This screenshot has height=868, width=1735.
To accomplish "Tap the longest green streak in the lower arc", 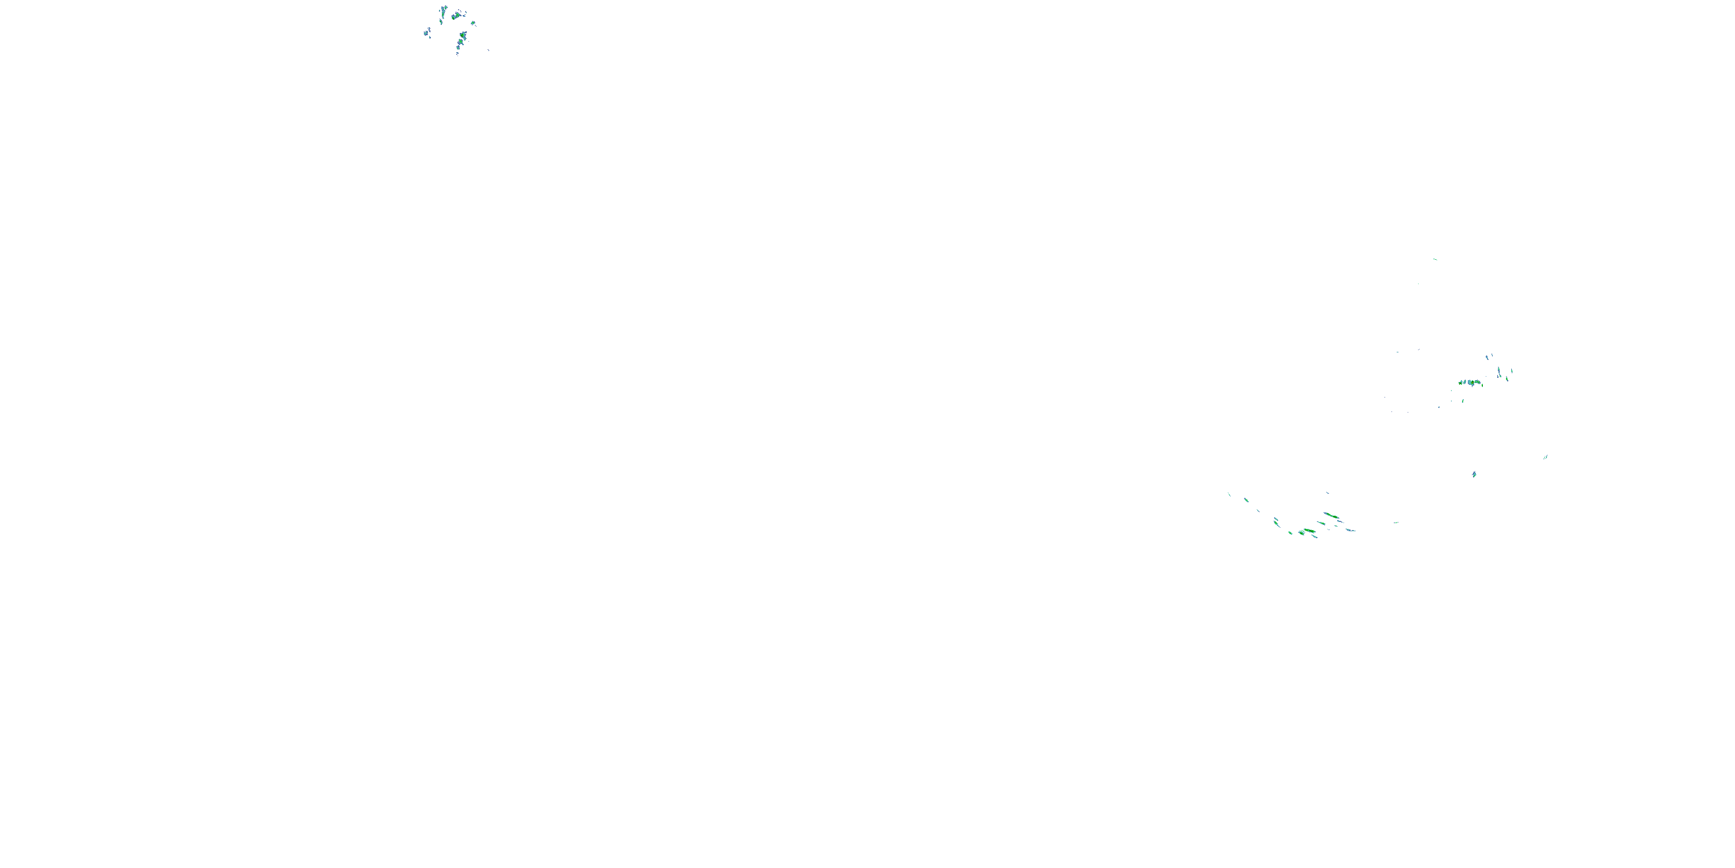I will (1331, 516).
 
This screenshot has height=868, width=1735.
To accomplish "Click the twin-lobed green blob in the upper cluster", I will (457, 15).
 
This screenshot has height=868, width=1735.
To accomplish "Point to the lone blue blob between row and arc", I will (1474, 475).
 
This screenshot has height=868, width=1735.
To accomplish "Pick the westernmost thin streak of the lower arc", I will (1229, 495).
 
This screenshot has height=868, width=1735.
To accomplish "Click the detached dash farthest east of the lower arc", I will (1396, 523).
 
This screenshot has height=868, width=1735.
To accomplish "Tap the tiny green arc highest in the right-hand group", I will (1435, 259).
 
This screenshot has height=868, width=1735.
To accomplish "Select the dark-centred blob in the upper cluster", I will (462, 34).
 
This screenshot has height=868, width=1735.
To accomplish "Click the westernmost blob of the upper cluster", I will (426, 32).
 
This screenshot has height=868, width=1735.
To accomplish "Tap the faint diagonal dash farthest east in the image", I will (1546, 457).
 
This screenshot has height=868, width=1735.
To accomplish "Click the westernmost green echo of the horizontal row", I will (1460, 382).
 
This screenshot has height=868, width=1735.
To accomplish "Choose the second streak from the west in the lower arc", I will (1246, 500).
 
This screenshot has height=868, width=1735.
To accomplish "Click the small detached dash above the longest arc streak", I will (1327, 493).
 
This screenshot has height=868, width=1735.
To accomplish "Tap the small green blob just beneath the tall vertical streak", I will (441, 21).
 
